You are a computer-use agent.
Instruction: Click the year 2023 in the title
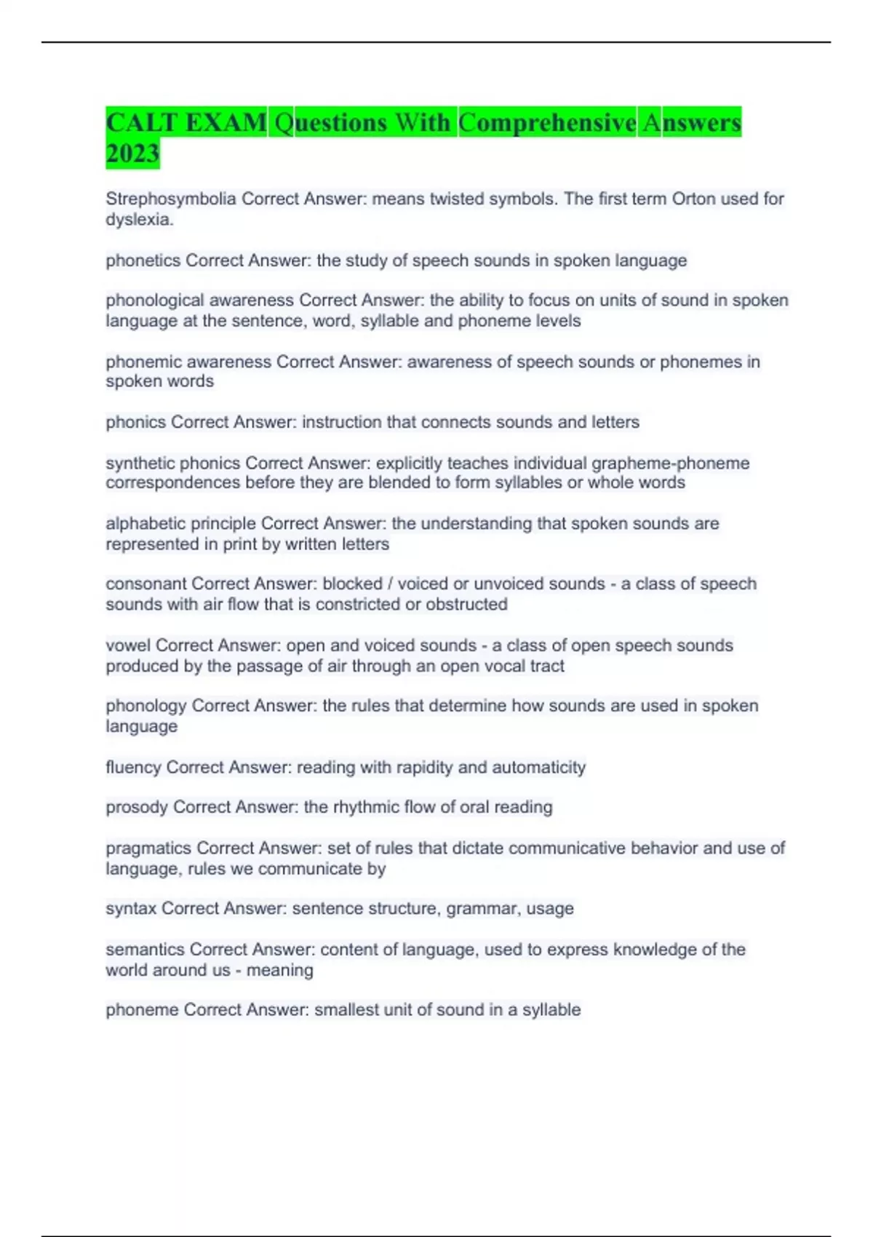[x=132, y=154]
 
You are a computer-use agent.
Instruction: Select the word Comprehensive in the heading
[x=547, y=122]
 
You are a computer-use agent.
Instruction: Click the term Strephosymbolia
[x=171, y=199]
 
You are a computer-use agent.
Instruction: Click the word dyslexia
[x=139, y=219]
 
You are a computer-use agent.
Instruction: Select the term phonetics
[x=143, y=260]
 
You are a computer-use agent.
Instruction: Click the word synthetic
[x=140, y=463]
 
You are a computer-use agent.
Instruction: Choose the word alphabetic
[x=144, y=523]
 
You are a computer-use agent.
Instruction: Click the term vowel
[x=128, y=645]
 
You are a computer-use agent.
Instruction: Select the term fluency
[x=134, y=767]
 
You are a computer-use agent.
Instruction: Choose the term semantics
[x=145, y=950]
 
